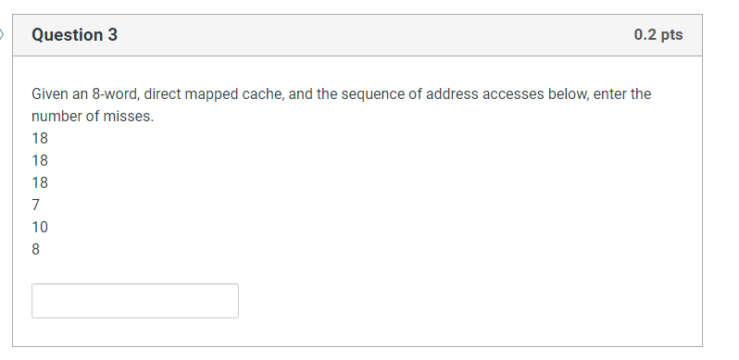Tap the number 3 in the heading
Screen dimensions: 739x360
pyautogui.click(x=113, y=35)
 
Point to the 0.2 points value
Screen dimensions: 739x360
pyautogui.click(x=645, y=35)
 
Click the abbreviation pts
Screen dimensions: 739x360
pyautogui.click(x=671, y=35)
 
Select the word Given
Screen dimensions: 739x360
pyautogui.click(x=50, y=94)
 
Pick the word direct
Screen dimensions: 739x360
pyautogui.click(x=169, y=94)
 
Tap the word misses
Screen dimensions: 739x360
pyautogui.click(x=130, y=117)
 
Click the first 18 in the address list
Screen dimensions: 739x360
pyautogui.click(x=40, y=139)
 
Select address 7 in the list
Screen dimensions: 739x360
pyautogui.click(x=36, y=205)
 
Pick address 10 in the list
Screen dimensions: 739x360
pyautogui.click(x=40, y=227)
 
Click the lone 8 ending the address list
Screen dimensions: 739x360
pyautogui.click(x=36, y=249)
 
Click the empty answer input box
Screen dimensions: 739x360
pyautogui.click(x=135, y=301)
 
